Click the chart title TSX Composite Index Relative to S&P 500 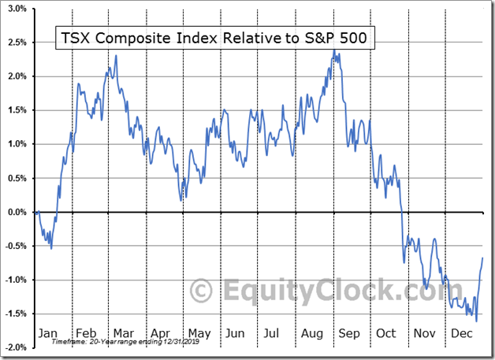coord(214,37)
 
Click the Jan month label coord(48,333)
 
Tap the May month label coord(199,333)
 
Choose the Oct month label coord(386,333)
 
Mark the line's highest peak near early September coord(334,51)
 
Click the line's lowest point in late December coord(476,321)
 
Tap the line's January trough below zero coord(51,249)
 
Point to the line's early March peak coord(117,56)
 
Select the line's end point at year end coord(482,258)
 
